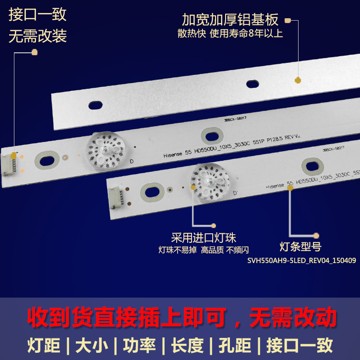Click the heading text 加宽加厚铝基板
[230, 20]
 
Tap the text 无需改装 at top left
[37, 36]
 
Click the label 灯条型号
[300, 247]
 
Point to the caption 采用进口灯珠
[204, 238]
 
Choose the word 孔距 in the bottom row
[234, 345]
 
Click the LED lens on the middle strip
[105, 150]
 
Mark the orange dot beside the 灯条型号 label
[316, 236]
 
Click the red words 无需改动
[293, 317]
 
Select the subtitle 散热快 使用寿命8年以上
[230, 34]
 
